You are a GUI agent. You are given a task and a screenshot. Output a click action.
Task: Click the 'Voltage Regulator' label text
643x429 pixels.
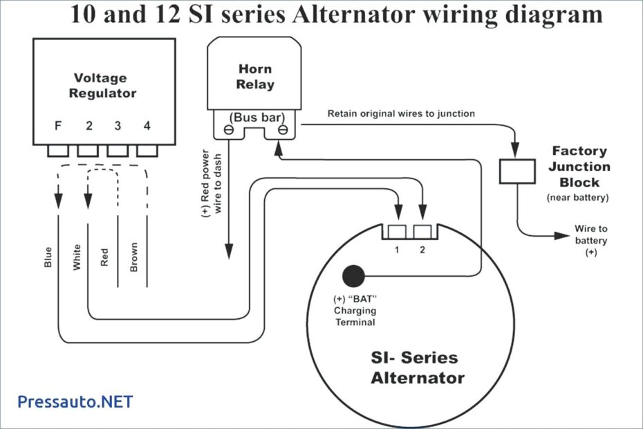point(104,85)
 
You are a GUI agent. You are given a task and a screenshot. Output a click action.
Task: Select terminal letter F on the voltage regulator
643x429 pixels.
point(58,126)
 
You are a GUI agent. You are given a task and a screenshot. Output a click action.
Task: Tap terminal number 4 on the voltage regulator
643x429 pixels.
point(147,126)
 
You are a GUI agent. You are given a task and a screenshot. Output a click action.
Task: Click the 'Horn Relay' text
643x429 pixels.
point(255,77)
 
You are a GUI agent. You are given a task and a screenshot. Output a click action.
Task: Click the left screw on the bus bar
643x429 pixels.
point(227,130)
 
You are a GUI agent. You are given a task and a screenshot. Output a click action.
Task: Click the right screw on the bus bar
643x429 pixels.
point(282,130)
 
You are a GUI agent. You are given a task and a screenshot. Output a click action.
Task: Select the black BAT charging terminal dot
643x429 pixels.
point(354,276)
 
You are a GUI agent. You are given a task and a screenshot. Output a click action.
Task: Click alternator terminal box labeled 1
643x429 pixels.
point(397,232)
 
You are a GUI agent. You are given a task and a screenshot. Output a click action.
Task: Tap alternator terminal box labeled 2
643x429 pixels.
point(422,232)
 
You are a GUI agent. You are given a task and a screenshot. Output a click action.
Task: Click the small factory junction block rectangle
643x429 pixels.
point(516,171)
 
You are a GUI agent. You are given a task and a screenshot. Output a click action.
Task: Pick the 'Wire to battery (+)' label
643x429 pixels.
point(591,240)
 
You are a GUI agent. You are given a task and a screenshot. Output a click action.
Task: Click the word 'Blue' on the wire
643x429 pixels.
point(48,256)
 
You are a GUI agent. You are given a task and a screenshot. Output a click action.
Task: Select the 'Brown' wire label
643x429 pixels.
point(133,256)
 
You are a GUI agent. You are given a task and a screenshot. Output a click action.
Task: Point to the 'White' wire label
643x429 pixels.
point(76,256)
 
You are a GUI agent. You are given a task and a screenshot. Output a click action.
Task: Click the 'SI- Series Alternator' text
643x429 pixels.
point(417,367)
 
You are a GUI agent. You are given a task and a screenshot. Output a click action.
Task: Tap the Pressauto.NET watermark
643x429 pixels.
point(75,401)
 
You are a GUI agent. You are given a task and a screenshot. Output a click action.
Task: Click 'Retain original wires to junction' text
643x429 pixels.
point(401,113)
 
